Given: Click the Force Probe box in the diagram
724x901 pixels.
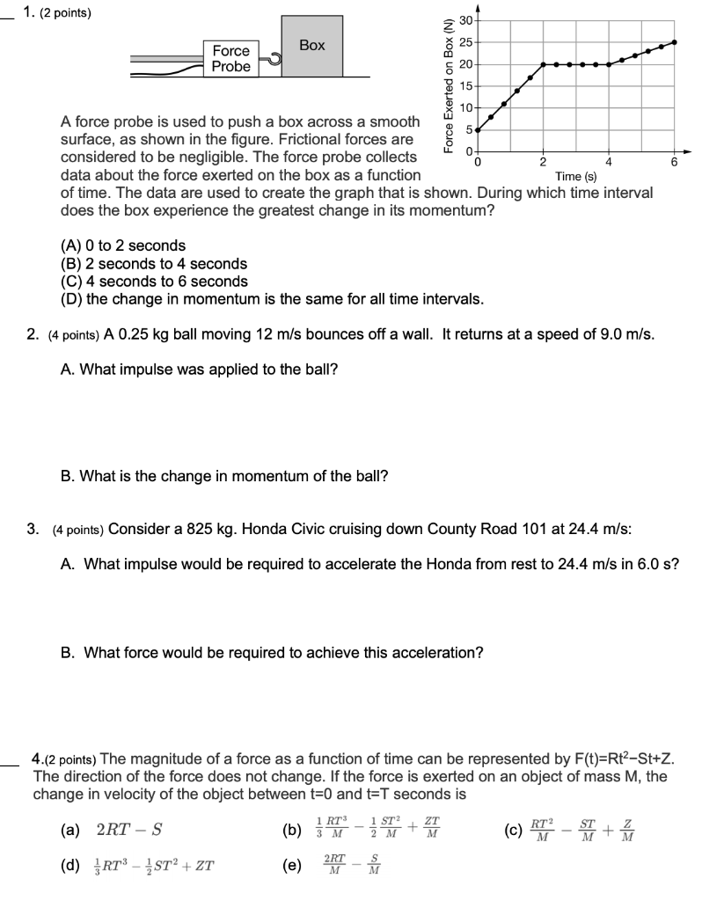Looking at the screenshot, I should [231, 58].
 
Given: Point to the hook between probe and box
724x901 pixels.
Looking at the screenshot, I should [272, 59].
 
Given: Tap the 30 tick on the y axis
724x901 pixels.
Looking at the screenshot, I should [466, 20].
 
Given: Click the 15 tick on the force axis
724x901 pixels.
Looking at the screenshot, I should [466, 86].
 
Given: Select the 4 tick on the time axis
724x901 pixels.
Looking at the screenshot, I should [609, 162].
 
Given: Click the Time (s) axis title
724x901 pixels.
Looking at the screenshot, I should [576, 177].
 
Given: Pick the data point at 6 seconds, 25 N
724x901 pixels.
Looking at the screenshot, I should [675, 42].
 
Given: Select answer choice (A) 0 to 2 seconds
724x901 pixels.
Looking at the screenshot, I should [123, 245].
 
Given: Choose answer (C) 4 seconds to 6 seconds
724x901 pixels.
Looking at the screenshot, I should [154, 282].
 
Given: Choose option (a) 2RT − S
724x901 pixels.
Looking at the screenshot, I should [110, 828].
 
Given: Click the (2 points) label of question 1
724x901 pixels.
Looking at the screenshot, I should [65, 13].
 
